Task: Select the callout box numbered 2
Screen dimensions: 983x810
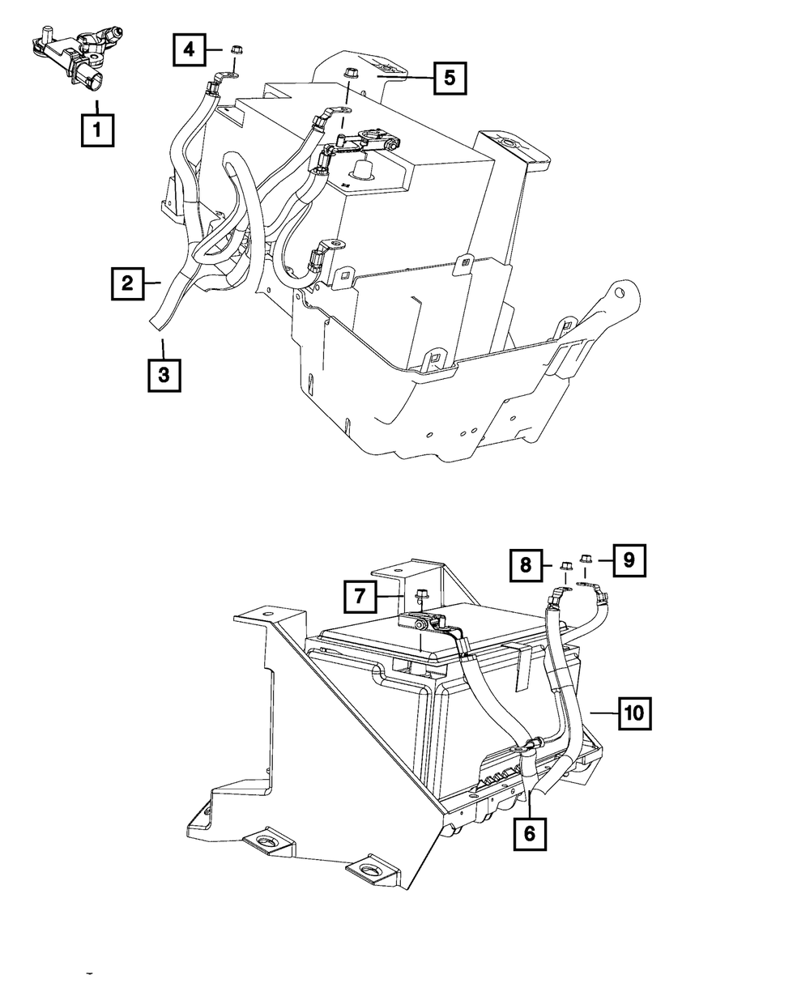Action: (127, 283)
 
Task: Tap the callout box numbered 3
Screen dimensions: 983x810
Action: (164, 376)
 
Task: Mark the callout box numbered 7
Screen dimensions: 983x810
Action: (360, 598)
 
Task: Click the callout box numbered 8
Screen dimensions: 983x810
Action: (526, 565)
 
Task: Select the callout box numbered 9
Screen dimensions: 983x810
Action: (630, 558)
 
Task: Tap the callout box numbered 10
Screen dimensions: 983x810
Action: (635, 713)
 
